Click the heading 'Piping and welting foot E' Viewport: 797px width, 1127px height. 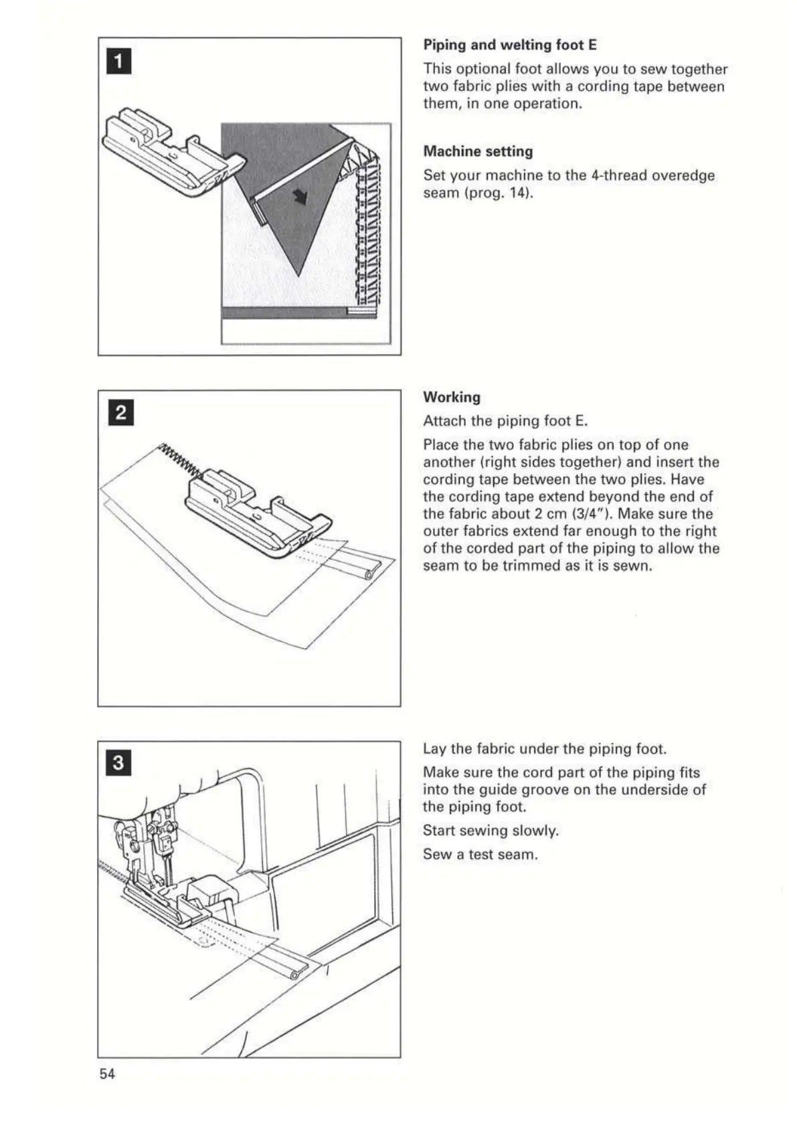[x=509, y=45]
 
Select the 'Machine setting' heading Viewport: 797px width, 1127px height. [x=478, y=151]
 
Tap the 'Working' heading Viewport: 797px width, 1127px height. [x=452, y=397]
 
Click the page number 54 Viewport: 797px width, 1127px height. [x=107, y=1073]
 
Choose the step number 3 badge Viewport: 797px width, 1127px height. [x=118, y=764]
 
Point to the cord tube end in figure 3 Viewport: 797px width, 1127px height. [x=294, y=975]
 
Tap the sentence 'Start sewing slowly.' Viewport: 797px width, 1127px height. [x=491, y=831]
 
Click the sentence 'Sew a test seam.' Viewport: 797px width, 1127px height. [x=480, y=855]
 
